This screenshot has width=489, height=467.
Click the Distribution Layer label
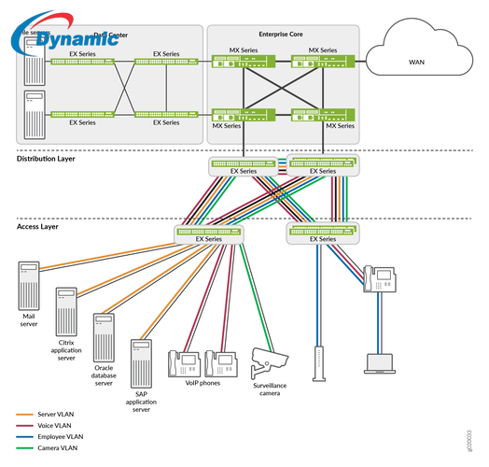point(48,159)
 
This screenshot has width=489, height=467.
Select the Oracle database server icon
point(103,333)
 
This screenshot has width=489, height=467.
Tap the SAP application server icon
point(141,360)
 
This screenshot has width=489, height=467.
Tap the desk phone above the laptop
point(379,278)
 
